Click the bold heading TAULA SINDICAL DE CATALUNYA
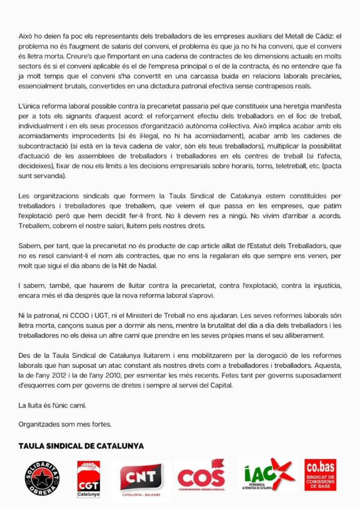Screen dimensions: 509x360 81,446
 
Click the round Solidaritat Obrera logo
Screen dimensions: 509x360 42,478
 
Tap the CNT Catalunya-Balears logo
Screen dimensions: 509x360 141,480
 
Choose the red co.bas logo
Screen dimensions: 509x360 320,475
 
